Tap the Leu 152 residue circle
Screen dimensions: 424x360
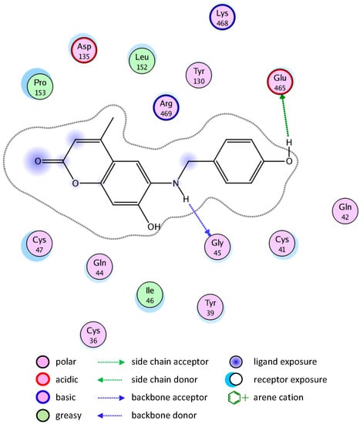click(142, 61)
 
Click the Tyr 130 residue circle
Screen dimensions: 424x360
click(202, 76)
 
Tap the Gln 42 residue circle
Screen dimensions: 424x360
click(345, 211)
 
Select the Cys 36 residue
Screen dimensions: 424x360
click(94, 334)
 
